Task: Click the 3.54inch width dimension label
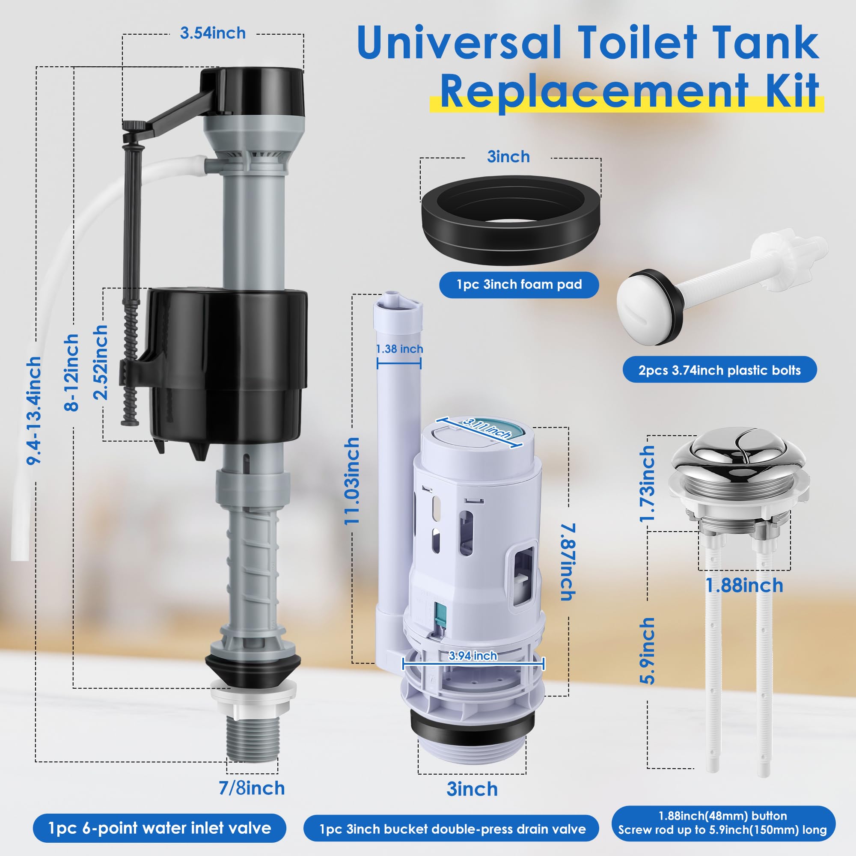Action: [x=213, y=33]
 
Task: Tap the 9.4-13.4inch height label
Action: [x=34, y=410]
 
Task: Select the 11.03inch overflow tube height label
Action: [x=352, y=481]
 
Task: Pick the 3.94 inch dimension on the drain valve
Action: [x=473, y=655]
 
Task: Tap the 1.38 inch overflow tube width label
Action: [x=399, y=349]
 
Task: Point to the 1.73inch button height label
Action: [x=647, y=483]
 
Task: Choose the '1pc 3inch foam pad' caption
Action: [x=519, y=285]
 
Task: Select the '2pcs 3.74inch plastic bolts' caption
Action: [x=719, y=370]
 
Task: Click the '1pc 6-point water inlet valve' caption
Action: [x=160, y=828]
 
